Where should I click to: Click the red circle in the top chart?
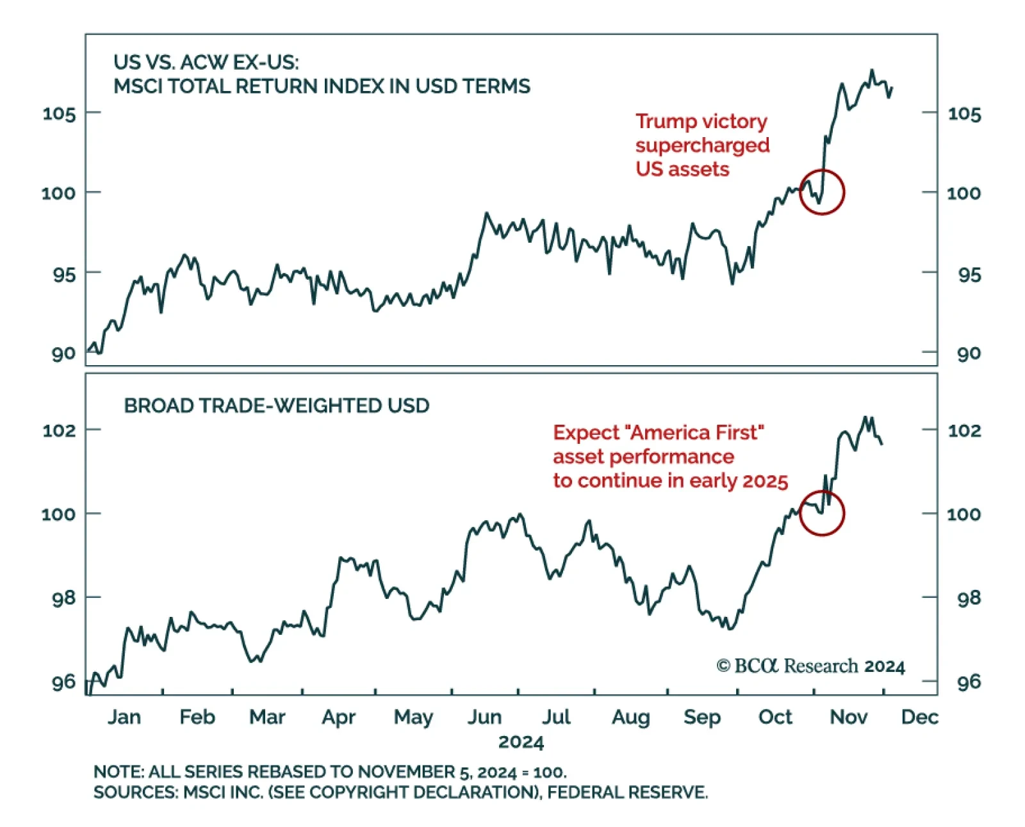822,192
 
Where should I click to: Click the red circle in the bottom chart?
822,513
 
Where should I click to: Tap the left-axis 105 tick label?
59,114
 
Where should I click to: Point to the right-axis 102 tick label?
964,430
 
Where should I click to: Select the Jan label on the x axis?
124,717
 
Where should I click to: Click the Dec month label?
919,717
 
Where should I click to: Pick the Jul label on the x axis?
555,717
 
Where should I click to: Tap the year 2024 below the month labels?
521,742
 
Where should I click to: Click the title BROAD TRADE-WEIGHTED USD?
277,405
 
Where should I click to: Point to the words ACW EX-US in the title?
240,63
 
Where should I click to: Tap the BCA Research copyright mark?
810,666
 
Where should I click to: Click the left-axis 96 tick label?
63,682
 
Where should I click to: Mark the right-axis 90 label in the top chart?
969,354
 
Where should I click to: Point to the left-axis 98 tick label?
63,598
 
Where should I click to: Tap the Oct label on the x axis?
775,717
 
